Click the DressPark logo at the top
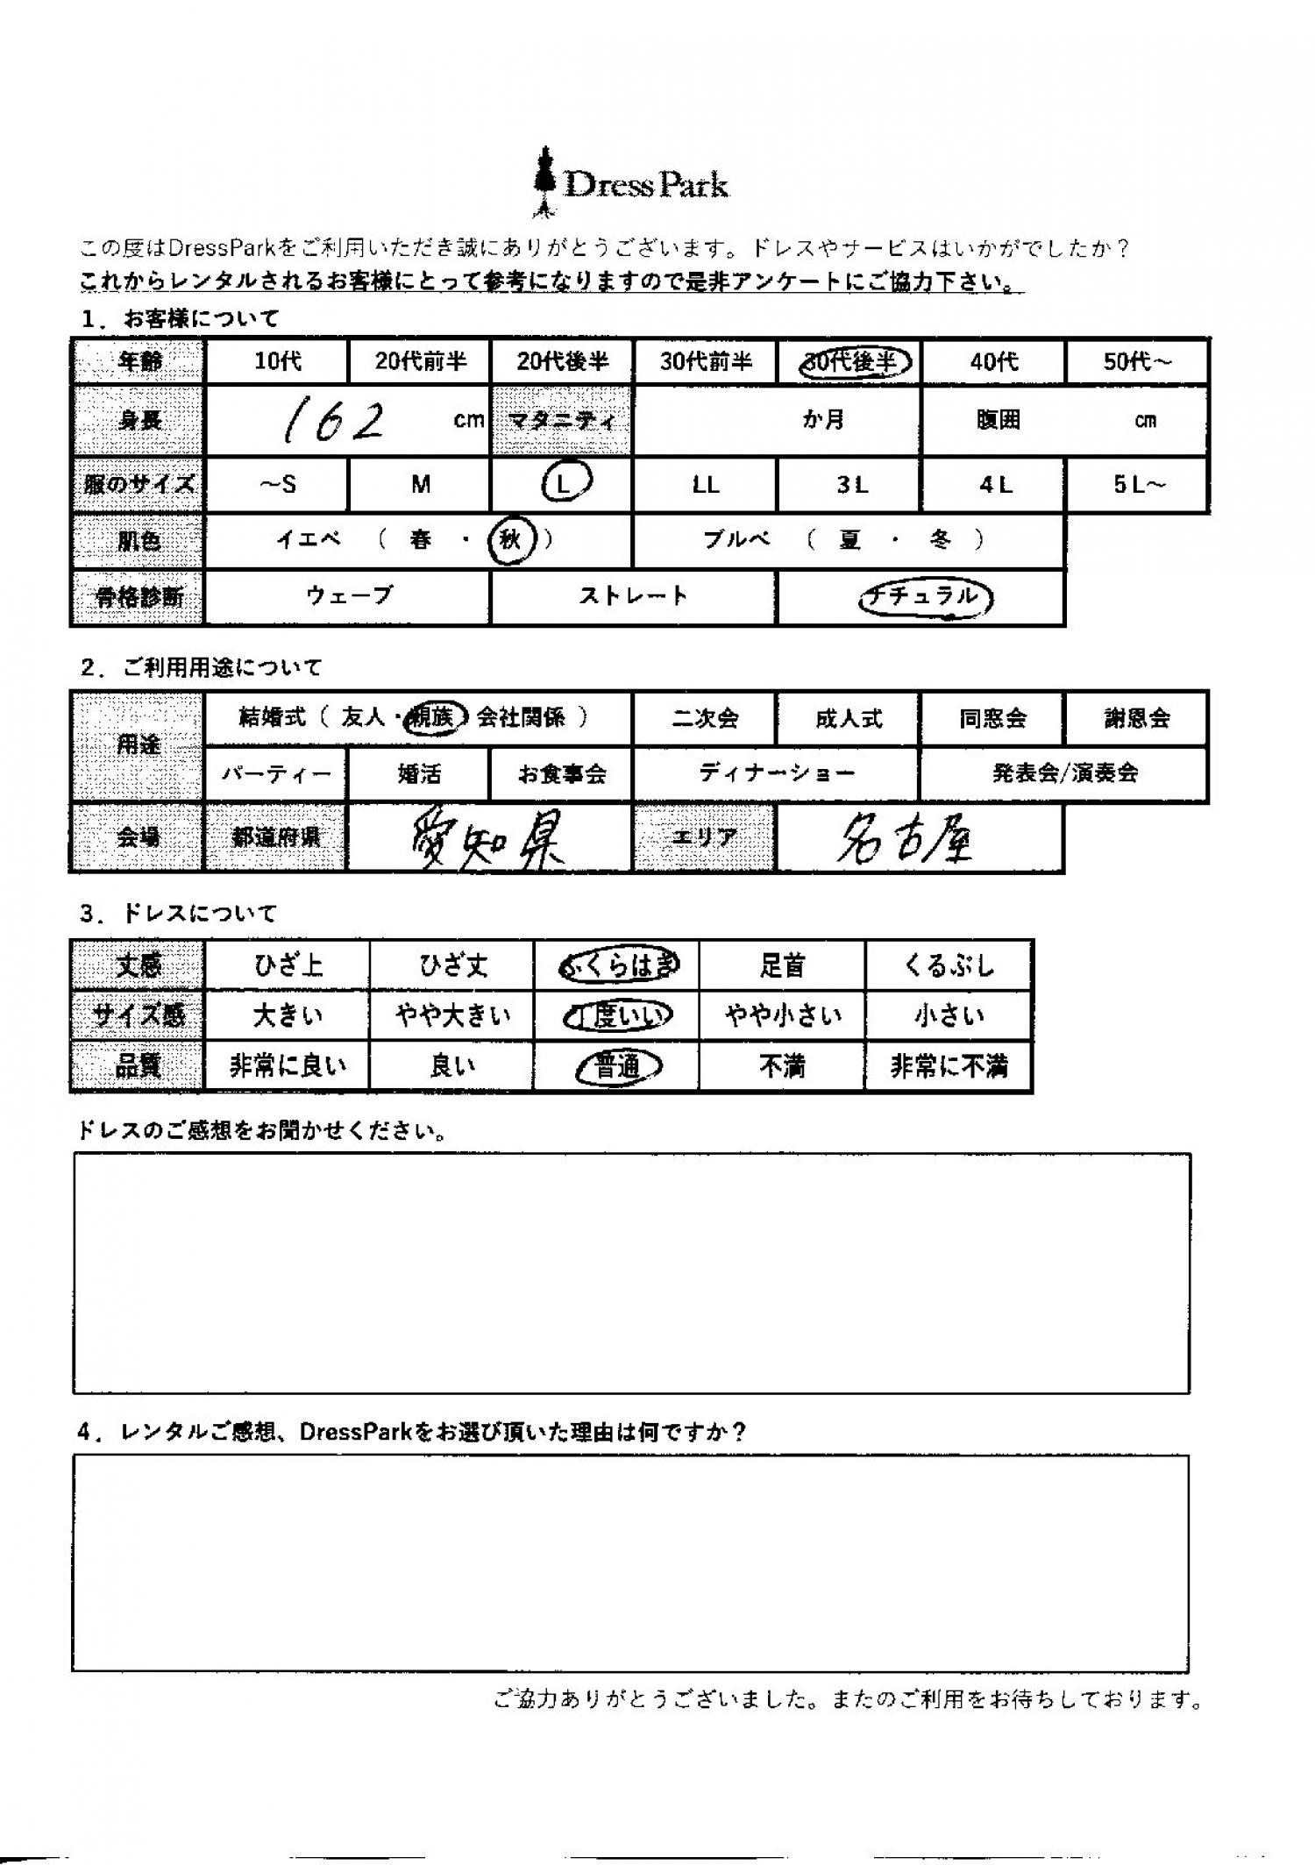pyautogui.click(x=631, y=183)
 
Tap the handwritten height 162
pyautogui.click(x=333, y=422)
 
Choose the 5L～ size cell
pyautogui.click(x=1138, y=484)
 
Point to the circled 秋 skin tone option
pyautogui.click(x=511, y=540)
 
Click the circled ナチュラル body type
pyautogui.click(x=925, y=597)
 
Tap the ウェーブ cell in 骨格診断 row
pyautogui.click(x=347, y=596)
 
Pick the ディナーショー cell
pyautogui.click(x=777, y=773)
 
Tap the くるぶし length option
pyautogui.click(x=949, y=965)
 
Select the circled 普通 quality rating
pyautogui.click(x=617, y=1067)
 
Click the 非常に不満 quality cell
pyautogui.click(x=949, y=1067)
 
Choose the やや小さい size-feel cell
pyautogui.click(x=783, y=1016)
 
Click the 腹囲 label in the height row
pyautogui.click(x=998, y=421)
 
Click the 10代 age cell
pyautogui.click(x=277, y=361)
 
